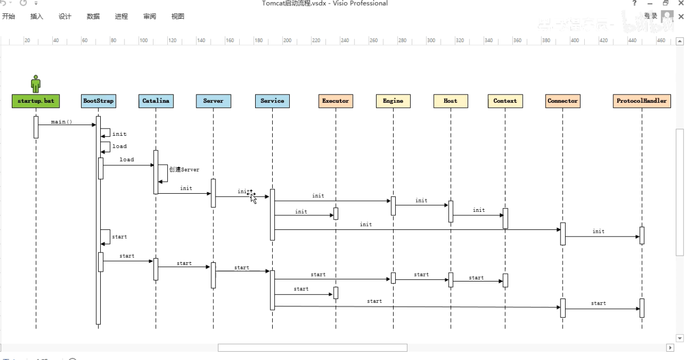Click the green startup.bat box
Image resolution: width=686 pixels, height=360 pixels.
(x=36, y=101)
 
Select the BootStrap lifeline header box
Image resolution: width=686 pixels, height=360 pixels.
(x=98, y=101)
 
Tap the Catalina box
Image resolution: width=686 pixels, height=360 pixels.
(x=155, y=101)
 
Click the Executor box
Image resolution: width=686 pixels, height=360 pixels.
(x=335, y=101)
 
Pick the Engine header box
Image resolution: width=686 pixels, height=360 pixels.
(x=393, y=101)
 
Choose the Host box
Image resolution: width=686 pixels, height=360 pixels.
(x=450, y=101)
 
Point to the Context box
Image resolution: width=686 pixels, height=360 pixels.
(x=505, y=101)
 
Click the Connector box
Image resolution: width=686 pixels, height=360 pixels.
(x=563, y=101)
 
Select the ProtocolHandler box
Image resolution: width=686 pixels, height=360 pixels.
(x=642, y=101)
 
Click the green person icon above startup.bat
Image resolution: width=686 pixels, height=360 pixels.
(x=36, y=84)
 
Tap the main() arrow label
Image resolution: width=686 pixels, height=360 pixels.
(x=62, y=122)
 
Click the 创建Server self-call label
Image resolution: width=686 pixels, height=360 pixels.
(x=184, y=169)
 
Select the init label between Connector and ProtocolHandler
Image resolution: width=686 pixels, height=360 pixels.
(x=598, y=231)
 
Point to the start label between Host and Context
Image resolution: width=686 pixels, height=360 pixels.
(x=476, y=278)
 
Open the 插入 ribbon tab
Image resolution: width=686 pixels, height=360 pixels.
(x=37, y=17)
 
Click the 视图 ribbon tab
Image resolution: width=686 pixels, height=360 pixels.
(x=177, y=17)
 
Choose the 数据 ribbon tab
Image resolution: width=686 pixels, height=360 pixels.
(x=93, y=17)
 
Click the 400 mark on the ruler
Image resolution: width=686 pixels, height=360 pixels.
(x=574, y=41)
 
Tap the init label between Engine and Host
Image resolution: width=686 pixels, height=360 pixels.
(x=422, y=200)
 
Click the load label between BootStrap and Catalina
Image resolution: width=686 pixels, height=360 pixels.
(x=127, y=160)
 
